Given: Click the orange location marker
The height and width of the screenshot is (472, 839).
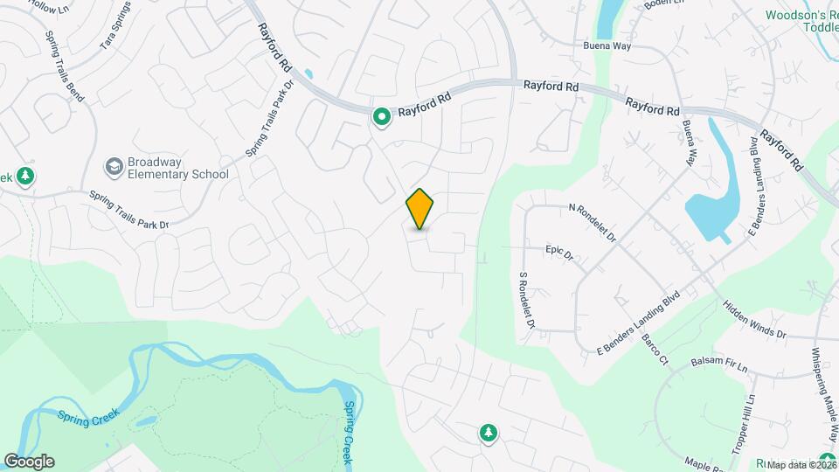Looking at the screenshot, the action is [x=419, y=208].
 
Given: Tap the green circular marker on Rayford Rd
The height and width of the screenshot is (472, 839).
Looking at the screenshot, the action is [x=381, y=116].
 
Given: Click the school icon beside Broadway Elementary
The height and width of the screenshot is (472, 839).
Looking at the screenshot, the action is [x=114, y=166].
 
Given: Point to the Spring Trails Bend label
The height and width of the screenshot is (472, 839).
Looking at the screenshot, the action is [x=66, y=68].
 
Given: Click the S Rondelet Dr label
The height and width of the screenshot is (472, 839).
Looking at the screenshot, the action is [x=526, y=299].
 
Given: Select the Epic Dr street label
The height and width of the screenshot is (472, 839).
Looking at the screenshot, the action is [x=559, y=253].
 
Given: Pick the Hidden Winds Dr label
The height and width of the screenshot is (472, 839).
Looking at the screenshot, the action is [x=755, y=320].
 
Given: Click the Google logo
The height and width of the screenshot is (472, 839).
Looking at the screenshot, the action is [x=29, y=461].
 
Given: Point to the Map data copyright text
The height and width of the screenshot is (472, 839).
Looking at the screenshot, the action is [x=800, y=463].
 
